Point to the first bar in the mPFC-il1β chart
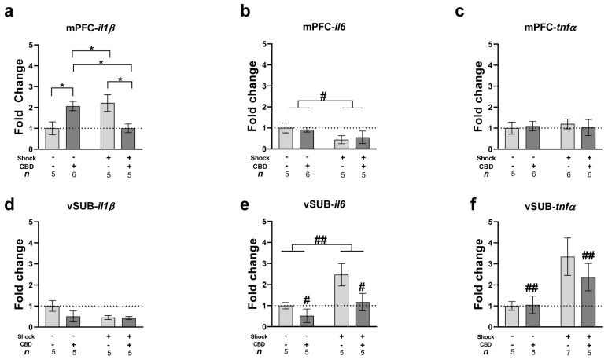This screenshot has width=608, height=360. pos(52,138)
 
